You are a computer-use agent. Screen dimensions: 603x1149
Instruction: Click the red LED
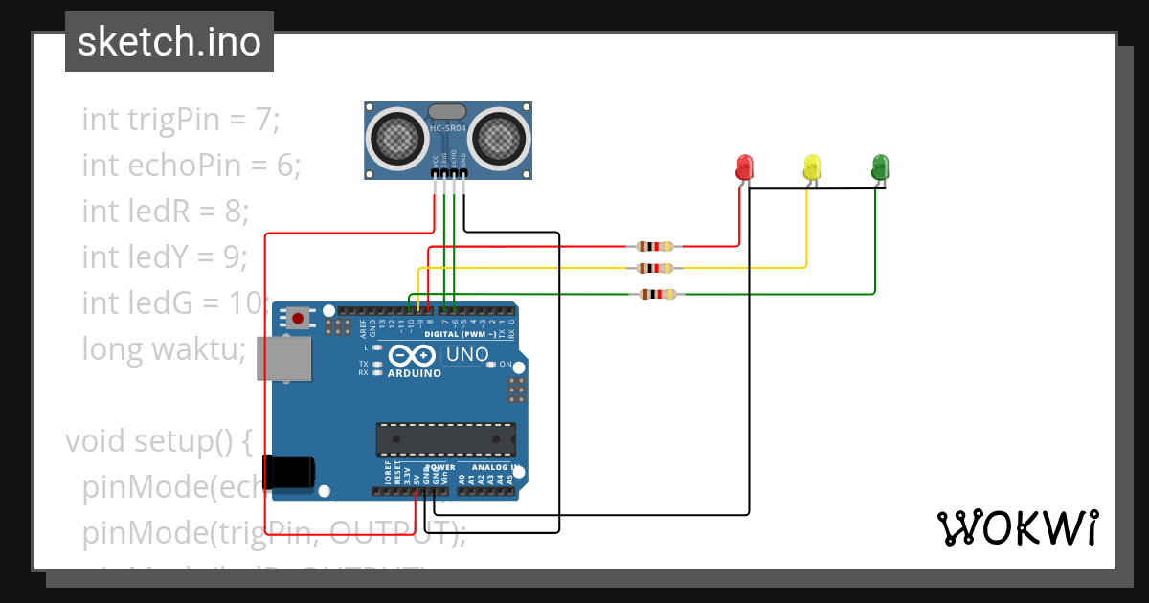(x=744, y=167)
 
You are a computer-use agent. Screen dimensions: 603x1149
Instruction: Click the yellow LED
(x=812, y=167)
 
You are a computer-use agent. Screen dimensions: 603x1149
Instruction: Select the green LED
(x=880, y=167)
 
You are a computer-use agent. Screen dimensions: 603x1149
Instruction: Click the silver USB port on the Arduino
(x=284, y=359)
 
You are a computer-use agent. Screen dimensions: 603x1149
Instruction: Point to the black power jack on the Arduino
(x=291, y=472)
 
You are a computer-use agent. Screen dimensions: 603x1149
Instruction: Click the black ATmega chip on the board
(x=445, y=438)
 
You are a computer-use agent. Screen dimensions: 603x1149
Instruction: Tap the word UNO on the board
(x=467, y=355)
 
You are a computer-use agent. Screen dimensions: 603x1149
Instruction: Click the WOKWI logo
(x=1016, y=527)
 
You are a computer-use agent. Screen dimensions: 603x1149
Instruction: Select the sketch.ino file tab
(x=169, y=42)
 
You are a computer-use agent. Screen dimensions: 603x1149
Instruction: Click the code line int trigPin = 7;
(x=181, y=120)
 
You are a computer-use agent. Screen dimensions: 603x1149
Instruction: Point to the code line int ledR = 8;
(x=166, y=211)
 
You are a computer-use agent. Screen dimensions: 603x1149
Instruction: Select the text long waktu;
(x=165, y=349)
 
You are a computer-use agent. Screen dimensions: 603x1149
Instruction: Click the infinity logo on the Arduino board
(x=414, y=355)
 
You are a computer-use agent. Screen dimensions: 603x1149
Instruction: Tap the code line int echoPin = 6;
(x=191, y=166)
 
